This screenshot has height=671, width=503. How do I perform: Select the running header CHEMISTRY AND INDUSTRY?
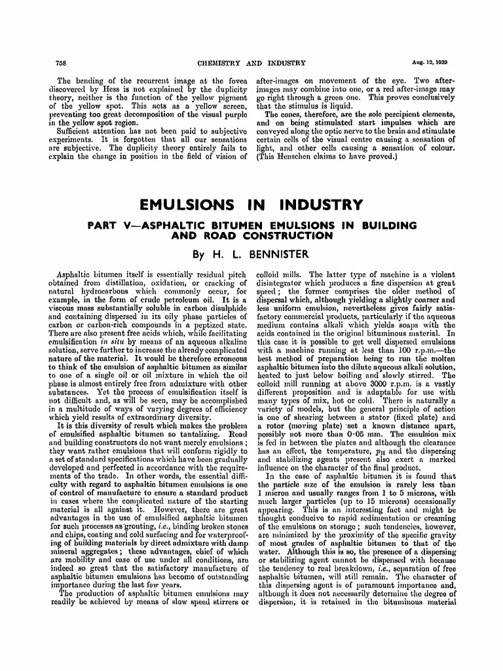click(x=251, y=63)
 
